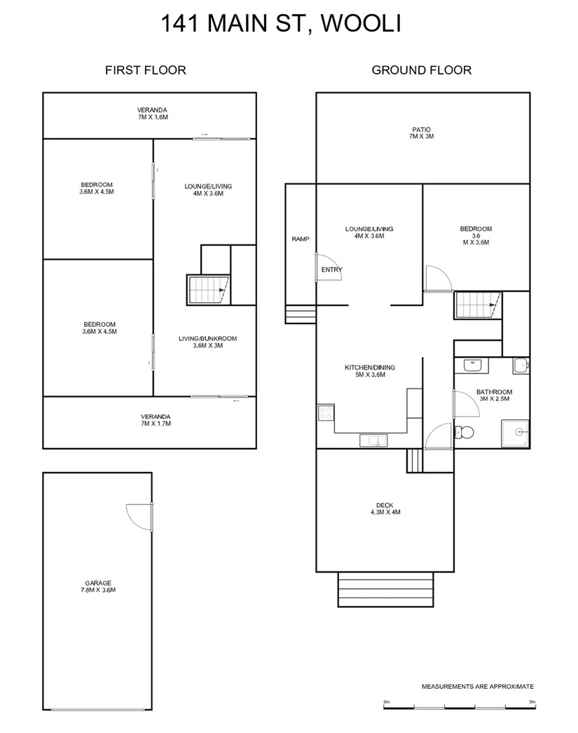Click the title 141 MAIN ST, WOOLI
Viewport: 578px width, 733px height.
coord(280,24)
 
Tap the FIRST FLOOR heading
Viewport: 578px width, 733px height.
coord(145,70)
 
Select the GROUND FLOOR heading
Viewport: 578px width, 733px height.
coord(421,70)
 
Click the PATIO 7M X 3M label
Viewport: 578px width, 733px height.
coord(421,133)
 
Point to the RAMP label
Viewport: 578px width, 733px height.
coord(300,239)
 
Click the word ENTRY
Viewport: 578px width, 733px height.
coord(331,270)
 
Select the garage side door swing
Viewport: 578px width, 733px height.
coord(139,517)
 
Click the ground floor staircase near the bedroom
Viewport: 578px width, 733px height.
coord(478,305)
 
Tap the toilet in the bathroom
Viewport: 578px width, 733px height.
coord(464,432)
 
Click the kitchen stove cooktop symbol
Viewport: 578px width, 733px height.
coord(326,413)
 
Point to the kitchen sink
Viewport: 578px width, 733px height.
coord(373,440)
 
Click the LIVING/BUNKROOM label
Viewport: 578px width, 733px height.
coord(207,342)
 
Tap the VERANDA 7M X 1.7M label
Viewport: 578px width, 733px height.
coord(155,420)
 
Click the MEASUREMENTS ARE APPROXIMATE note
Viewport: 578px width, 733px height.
coord(477,687)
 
